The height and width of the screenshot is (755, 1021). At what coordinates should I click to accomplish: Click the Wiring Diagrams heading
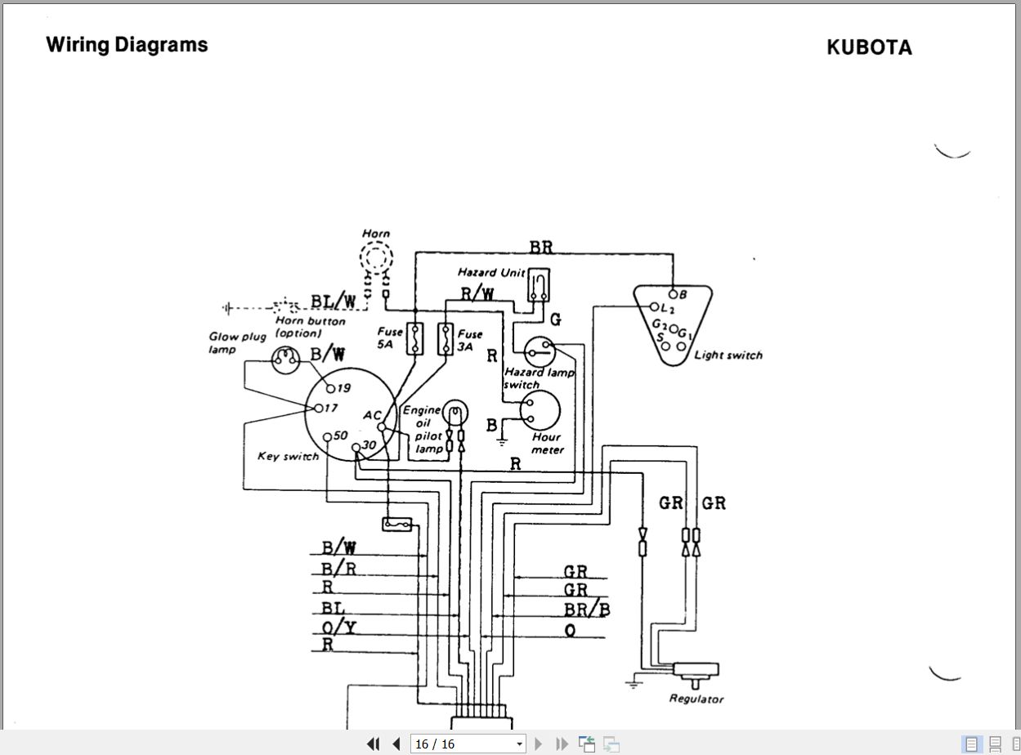coord(127,44)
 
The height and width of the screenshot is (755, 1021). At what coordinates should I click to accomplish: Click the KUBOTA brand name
coord(869,47)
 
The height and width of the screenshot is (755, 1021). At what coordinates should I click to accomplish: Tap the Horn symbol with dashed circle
coord(376,261)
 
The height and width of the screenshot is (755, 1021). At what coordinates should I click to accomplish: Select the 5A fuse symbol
coord(415,338)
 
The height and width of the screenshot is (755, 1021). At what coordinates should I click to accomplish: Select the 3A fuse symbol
coord(446,338)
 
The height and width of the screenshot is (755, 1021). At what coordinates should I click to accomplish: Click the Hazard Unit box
coord(538,284)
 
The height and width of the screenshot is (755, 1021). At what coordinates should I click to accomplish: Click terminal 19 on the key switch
coord(332,388)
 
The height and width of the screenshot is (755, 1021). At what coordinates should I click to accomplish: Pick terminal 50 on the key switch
coord(327,436)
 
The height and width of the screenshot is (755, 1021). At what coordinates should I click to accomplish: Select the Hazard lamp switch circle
coord(540,351)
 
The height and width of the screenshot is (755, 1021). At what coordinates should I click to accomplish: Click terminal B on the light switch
coord(673,294)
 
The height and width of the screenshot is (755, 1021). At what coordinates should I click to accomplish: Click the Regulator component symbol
coord(696,670)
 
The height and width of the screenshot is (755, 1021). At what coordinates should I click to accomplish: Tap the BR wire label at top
coord(540,248)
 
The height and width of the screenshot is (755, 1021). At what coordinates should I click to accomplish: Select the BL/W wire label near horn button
coord(333,302)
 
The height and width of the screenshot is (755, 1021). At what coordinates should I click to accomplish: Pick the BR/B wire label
coord(587,610)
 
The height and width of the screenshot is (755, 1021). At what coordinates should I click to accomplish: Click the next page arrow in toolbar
coord(539,744)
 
